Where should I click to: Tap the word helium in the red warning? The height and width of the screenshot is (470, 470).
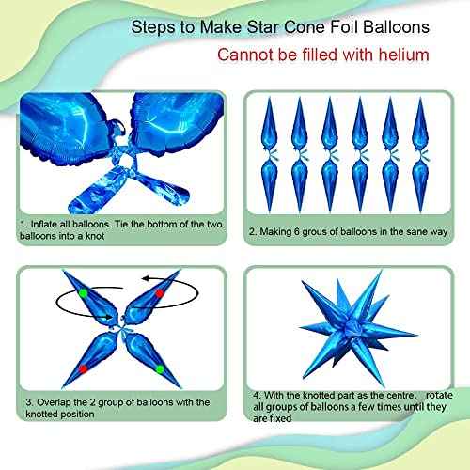pyautogui.click(x=402, y=55)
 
